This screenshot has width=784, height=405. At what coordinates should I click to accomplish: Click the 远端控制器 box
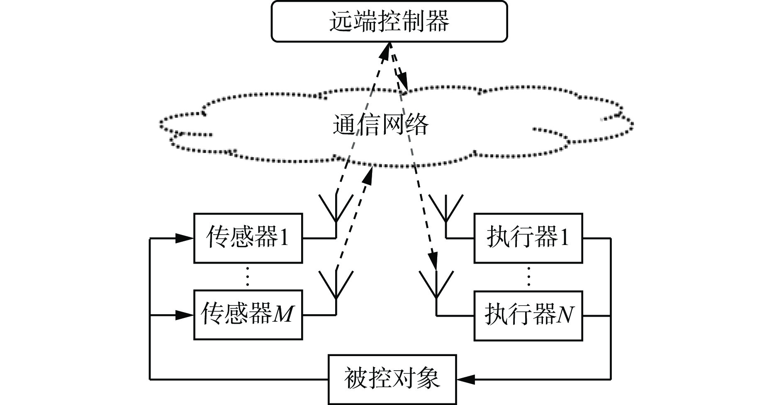389,21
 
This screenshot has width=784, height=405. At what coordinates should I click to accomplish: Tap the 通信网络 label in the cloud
380,124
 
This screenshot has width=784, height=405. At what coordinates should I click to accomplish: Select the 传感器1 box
248,238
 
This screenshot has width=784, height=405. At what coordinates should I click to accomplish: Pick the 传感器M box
248,315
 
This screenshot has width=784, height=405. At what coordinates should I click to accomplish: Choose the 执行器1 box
528,238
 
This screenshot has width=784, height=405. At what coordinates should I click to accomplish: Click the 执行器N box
528,315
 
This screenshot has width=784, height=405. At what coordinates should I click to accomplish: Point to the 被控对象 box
392,379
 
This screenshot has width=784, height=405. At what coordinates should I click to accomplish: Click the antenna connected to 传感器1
336,209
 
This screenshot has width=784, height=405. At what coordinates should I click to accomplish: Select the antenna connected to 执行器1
446,209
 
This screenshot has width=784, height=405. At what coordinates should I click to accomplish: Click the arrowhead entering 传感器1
185,238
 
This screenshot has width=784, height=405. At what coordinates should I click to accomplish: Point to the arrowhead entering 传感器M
185,315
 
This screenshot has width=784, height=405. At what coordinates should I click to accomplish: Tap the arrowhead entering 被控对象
466,379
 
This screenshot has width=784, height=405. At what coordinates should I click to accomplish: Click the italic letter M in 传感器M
283,315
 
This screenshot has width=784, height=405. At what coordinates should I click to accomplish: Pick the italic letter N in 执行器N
565,315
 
